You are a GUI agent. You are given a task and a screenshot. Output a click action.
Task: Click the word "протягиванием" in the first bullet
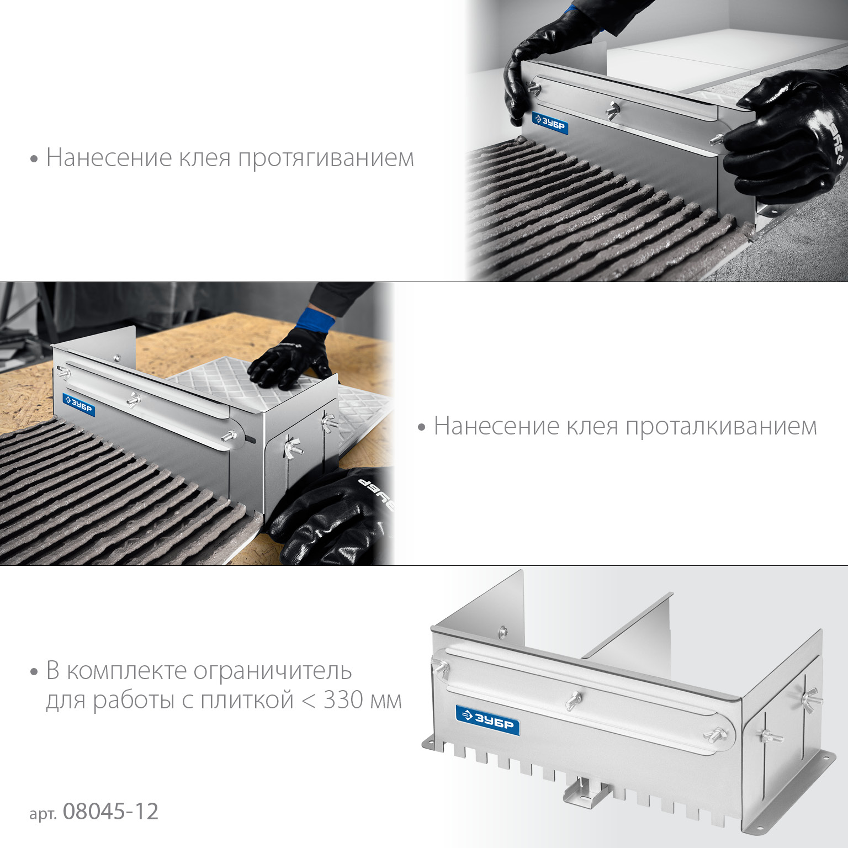click(x=326, y=158)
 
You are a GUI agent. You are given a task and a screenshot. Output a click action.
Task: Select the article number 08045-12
click(x=110, y=812)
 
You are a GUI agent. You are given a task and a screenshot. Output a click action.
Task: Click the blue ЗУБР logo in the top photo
click(x=550, y=124)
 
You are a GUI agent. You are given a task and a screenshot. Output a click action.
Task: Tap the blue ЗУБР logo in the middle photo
click(x=79, y=405)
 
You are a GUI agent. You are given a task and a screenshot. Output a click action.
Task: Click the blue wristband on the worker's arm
click(x=315, y=321)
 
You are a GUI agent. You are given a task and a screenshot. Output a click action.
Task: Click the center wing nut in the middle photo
click(x=133, y=399)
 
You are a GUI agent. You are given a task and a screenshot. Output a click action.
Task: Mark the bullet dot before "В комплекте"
click(x=34, y=672)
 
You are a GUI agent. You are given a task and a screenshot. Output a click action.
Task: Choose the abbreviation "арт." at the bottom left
click(x=43, y=814)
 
